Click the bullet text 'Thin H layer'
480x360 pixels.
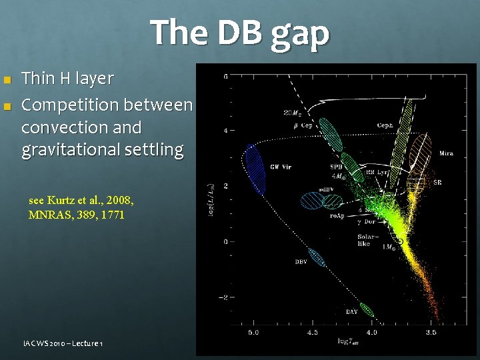coord(67,79)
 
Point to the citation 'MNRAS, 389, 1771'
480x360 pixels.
coord(77,215)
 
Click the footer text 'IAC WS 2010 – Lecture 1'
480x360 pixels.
coord(61,343)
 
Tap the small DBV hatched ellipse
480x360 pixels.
coord(317,257)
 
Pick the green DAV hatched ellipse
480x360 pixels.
coord(367,309)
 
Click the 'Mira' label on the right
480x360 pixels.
coord(446,154)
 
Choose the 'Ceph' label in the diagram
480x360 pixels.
coord(385,125)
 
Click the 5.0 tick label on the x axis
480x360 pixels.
coord(254,331)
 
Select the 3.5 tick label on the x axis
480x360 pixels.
coord(431,331)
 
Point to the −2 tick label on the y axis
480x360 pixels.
coord(225,297)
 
